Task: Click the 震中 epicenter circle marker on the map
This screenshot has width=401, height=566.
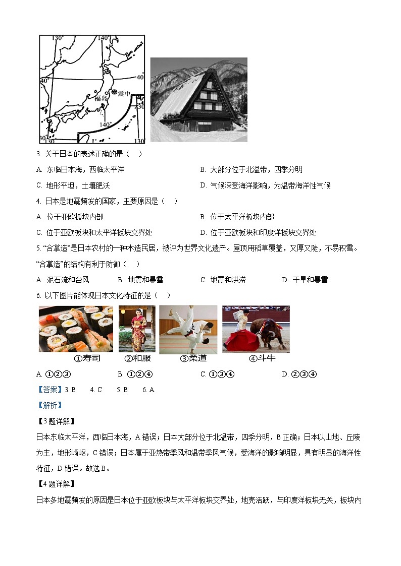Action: tap(115, 92)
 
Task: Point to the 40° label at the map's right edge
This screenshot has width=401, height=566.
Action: tap(140, 77)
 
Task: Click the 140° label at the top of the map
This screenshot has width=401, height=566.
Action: tap(104, 38)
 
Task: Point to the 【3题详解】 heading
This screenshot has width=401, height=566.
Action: tap(56, 421)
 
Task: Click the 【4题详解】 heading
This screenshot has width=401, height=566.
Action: tap(56, 484)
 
